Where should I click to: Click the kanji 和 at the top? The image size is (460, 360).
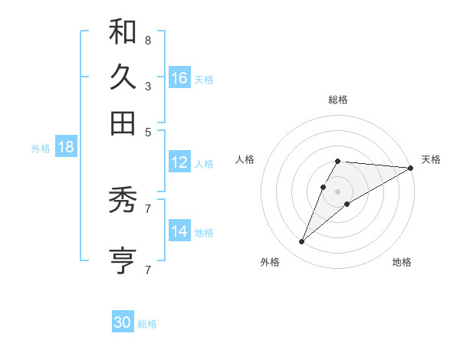[x=123, y=32]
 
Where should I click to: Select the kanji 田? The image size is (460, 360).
[x=123, y=122]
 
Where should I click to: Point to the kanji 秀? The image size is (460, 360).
[x=123, y=201]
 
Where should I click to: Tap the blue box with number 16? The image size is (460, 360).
[x=179, y=78]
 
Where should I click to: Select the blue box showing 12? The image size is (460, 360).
[x=179, y=162]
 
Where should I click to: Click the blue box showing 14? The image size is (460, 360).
[x=179, y=231]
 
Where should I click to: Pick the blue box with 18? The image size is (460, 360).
[x=66, y=147]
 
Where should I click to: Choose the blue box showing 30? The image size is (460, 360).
[x=123, y=322]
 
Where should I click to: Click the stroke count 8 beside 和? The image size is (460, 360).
[x=147, y=40]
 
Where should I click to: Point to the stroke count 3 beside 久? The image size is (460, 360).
[x=147, y=86]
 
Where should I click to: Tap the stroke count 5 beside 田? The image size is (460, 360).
[x=147, y=131]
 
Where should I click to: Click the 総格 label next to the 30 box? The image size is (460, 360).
[x=147, y=324]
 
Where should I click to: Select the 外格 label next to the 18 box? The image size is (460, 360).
[x=41, y=149]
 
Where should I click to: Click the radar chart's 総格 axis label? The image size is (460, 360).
[x=338, y=100]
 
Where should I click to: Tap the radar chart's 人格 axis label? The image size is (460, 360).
[x=245, y=159]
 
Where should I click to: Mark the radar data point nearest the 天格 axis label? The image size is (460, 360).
[x=410, y=168]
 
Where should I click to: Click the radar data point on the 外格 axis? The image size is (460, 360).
[x=302, y=241]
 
